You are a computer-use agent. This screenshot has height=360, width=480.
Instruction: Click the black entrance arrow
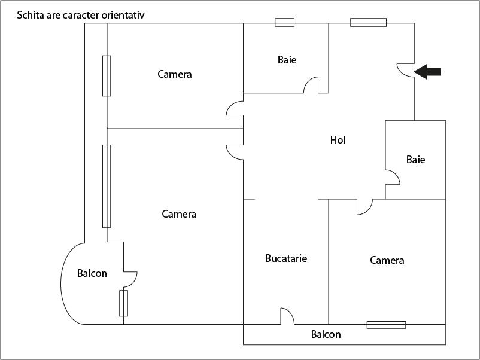(428, 72)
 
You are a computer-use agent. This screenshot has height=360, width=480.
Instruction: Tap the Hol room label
(338, 141)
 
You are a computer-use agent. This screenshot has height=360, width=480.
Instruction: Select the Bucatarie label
(286, 258)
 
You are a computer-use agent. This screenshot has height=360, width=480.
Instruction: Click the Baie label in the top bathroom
(287, 60)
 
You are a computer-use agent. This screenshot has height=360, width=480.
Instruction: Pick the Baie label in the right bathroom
(415, 160)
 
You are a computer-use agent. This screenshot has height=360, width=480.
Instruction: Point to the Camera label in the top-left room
(175, 74)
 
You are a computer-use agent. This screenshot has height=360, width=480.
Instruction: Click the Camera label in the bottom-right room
(387, 260)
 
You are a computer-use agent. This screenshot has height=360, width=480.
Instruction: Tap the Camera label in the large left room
(179, 214)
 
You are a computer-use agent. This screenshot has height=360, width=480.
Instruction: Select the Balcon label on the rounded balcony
(92, 273)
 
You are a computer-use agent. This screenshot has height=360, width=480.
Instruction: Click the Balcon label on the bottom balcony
(326, 334)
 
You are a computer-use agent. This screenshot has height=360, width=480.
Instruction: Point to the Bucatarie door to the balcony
(287, 316)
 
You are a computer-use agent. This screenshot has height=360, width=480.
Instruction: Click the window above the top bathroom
(284, 23)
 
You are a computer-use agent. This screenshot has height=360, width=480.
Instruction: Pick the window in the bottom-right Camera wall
(386, 325)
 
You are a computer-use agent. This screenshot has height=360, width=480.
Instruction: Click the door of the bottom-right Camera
(364, 207)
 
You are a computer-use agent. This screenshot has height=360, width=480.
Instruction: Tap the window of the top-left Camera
(107, 75)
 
